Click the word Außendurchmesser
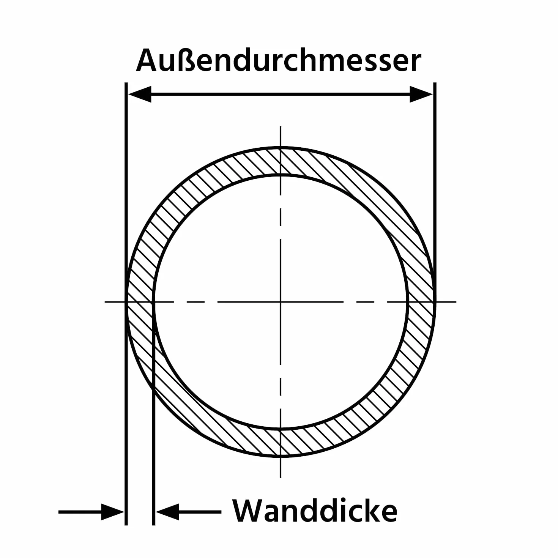(278, 60)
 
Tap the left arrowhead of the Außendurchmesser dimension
(140, 94)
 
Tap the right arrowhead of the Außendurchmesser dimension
(421, 94)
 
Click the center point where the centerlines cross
(280, 302)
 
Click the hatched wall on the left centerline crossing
(140, 302)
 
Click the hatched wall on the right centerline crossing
(421, 302)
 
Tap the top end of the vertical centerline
(280, 126)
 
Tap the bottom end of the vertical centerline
(280, 477)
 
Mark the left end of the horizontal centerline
(105, 302)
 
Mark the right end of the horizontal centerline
(456, 302)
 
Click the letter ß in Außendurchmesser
(185, 60)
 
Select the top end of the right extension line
(435, 83)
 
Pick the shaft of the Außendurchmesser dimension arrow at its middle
(280, 94)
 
